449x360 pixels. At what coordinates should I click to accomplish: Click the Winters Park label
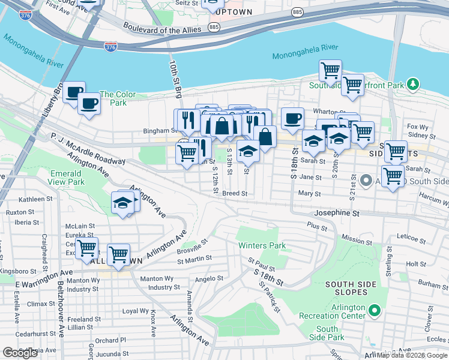pyautogui.click(x=262, y=245)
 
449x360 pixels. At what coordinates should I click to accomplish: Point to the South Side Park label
pyautogui.click(x=327, y=333)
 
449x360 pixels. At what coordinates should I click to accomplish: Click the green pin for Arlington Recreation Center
pyautogui.click(x=375, y=311)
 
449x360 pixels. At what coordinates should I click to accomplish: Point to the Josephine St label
pyautogui.click(x=336, y=213)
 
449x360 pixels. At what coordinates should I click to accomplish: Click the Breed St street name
pyautogui.click(x=235, y=193)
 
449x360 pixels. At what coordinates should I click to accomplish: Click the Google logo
pyautogui.click(x=20, y=353)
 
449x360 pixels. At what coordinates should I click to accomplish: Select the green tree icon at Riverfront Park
pyautogui.click(x=412, y=85)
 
